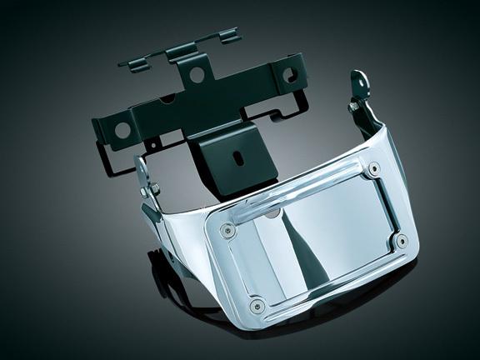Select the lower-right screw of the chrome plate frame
[x=402, y=242]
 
